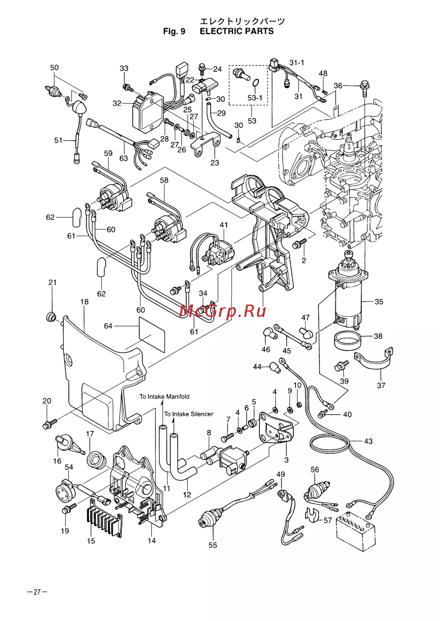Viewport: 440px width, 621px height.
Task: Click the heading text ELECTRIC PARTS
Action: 236,31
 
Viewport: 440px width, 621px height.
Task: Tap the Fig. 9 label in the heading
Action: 174,31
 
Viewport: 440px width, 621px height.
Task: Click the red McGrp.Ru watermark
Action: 223,311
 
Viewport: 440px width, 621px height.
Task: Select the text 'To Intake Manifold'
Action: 164,396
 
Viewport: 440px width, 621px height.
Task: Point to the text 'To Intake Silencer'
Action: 188,414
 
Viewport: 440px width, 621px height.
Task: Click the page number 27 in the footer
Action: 37,592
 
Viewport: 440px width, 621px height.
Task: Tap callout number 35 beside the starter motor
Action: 378,301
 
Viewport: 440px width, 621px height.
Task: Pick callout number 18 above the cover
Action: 84,301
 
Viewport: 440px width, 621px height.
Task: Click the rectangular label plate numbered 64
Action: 152,330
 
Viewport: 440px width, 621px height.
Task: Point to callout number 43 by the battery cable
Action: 368,441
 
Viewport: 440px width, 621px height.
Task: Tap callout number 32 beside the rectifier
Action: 117,103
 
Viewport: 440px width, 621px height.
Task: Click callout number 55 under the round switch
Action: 213,545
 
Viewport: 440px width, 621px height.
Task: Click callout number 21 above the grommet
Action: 52,282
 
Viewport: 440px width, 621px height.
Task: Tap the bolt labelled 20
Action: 48,424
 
